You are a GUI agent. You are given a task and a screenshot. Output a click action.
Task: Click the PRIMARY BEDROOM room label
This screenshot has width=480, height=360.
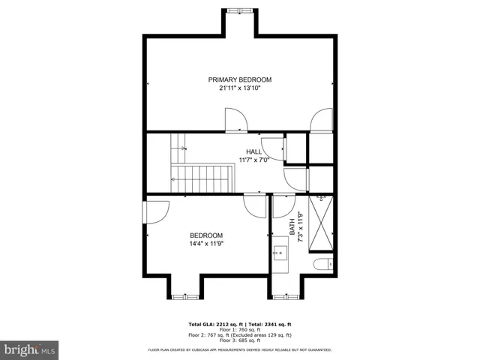(239, 79)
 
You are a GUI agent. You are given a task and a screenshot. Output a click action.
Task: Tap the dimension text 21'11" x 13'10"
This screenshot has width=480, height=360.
(239, 88)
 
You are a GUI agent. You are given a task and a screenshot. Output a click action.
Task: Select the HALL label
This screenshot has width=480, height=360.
(254, 151)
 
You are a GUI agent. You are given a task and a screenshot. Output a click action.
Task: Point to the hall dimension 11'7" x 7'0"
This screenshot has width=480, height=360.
(254, 160)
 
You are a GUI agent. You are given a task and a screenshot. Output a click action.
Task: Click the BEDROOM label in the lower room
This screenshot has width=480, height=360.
(205, 235)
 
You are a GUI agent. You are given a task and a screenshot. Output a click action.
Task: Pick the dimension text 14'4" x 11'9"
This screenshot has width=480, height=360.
(205, 243)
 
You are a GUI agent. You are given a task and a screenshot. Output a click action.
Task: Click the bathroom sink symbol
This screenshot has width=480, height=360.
(281, 253)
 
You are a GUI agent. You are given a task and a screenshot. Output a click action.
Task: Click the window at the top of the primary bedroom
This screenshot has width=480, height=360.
(239, 10)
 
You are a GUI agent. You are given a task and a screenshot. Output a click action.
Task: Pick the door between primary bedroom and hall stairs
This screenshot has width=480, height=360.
(235, 120)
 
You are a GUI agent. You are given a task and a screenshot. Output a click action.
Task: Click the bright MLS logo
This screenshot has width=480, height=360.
(30, 349)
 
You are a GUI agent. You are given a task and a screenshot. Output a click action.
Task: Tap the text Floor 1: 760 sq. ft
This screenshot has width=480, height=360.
(239, 329)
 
